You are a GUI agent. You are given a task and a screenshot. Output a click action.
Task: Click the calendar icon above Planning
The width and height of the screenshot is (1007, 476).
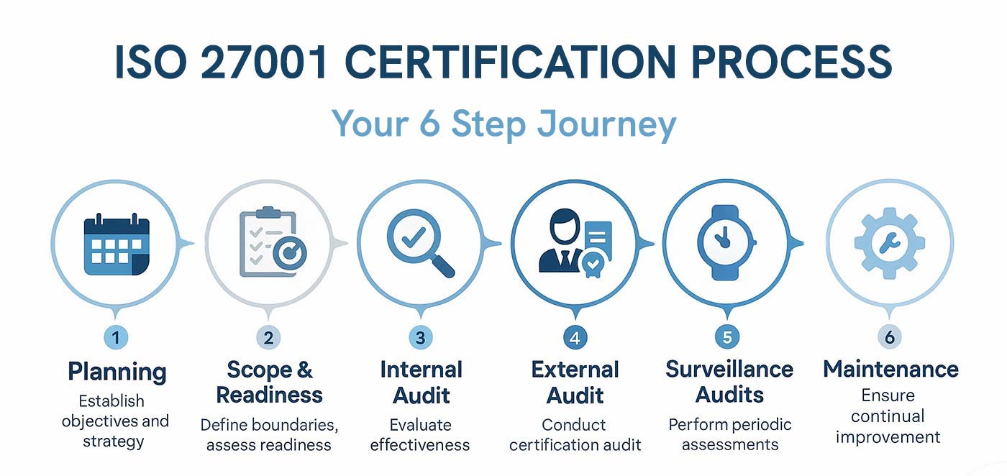(x=117, y=245)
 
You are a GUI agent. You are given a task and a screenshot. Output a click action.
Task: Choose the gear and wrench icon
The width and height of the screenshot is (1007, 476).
(x=889, y=244)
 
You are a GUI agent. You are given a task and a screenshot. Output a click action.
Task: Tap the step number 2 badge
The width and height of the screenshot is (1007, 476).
(x=268, y=337)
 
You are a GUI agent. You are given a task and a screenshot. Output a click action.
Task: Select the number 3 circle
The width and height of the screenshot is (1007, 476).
(x=420, y=337)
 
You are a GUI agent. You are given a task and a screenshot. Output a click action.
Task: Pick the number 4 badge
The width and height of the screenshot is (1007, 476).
(x=575, y=337)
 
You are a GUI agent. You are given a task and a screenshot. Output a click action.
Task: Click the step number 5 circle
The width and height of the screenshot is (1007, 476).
(x=726, y=337)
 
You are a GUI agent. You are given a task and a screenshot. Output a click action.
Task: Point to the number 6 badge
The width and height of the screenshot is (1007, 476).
(x=889, y=337)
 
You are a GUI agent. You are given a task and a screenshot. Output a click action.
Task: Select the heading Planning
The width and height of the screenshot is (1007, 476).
(x=117, y=372)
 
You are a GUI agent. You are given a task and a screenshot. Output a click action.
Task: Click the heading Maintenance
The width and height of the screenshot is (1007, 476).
(x=890, y=370)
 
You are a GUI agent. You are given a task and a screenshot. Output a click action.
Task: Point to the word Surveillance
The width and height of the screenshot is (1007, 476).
(x=729, y=370)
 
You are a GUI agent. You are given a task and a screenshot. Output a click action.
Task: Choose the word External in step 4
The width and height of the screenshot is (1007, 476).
(x=575, y=370)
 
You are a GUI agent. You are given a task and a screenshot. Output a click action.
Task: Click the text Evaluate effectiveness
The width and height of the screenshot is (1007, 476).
(x=420, y=434)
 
